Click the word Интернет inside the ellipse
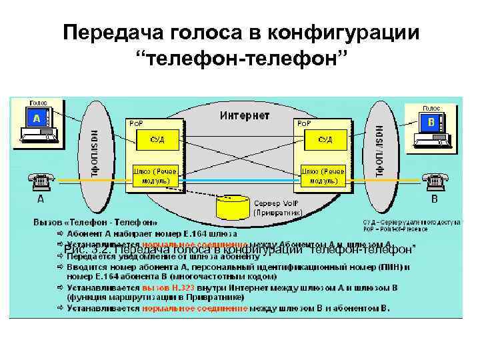click(x=244, y=115)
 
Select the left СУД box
click(x=156, y=140)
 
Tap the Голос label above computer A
click(x=38, y=103)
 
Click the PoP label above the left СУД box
click(x=135, y=123)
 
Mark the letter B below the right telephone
click(x=435, y=199)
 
